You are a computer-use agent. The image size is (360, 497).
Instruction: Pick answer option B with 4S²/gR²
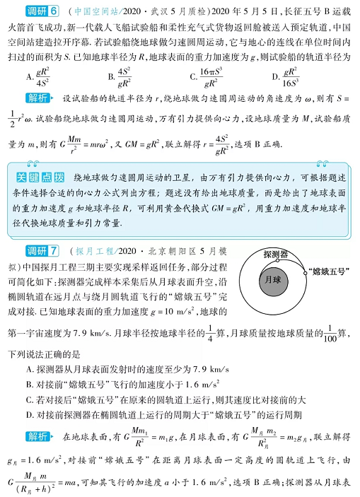(120, 76)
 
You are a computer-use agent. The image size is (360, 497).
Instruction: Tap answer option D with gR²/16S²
(286, 76)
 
